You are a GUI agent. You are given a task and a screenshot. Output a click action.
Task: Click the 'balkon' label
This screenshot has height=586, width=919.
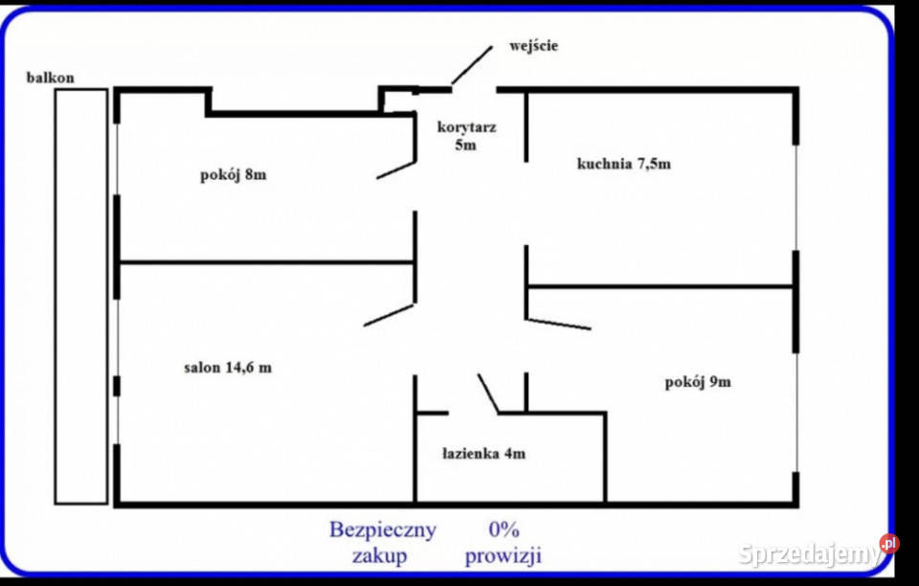[51, 78]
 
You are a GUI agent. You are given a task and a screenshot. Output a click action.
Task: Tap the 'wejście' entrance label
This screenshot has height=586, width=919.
[534, 45]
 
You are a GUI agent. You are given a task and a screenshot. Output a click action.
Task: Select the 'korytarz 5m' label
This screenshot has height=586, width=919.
[466, 135]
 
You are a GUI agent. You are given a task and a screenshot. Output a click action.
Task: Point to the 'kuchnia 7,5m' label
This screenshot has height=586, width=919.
[623, 163]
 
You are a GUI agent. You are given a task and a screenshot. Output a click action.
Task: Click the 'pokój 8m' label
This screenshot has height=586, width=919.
[234, 174]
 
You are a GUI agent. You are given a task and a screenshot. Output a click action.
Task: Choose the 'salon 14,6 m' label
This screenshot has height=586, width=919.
[228, 367]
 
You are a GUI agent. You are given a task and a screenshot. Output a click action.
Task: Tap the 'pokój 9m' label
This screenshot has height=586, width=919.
[698, 382]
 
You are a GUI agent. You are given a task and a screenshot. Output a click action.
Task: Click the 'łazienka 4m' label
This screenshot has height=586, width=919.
[483, 454]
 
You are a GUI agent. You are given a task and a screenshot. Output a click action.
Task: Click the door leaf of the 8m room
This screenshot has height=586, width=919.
[395, 169]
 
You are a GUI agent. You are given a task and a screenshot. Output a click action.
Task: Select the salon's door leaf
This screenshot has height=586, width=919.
[389, 314]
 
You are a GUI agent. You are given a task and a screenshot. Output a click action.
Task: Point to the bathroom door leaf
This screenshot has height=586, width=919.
[488, 394]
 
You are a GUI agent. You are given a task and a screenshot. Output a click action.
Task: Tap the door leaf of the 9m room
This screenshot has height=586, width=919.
[558, 324]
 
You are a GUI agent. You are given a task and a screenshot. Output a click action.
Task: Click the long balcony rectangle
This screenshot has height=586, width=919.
[80, 297]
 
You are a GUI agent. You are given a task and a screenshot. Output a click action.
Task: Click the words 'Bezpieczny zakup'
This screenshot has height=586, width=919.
[382, 541]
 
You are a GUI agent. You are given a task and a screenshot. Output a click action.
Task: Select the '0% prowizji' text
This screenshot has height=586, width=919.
[504, 541]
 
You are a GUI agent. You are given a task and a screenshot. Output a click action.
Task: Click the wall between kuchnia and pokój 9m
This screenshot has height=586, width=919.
[661, 285]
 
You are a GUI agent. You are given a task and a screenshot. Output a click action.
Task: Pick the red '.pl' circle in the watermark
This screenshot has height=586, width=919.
[889, 544]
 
